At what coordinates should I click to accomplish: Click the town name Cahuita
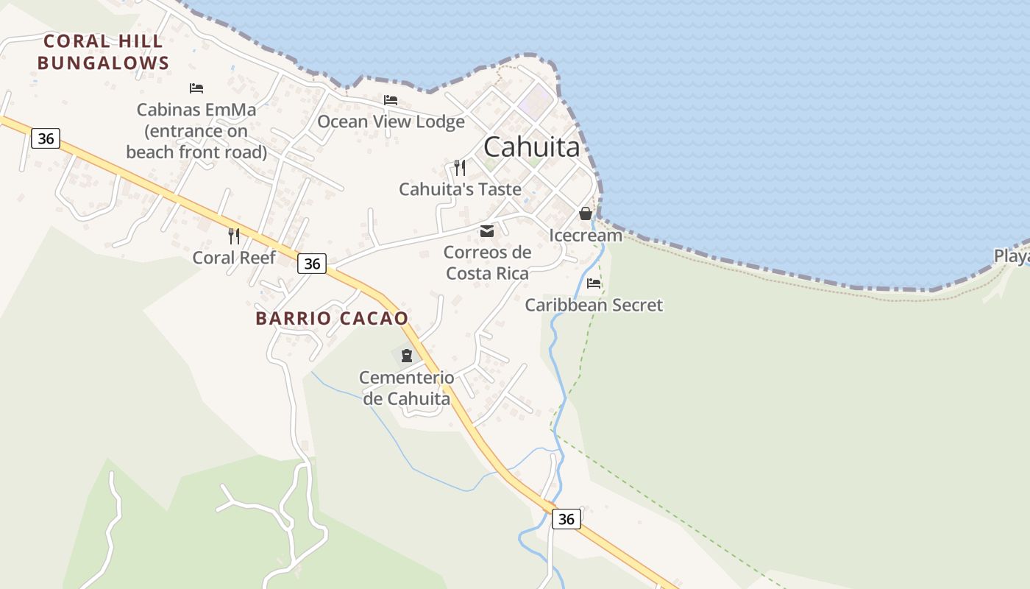coord(531,147)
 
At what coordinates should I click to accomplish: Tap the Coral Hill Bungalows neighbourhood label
coord(103,52)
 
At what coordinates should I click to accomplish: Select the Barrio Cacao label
coord(332,319)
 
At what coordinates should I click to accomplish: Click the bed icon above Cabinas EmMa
coord(196,88)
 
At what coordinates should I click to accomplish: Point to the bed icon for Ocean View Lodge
coord(391,100)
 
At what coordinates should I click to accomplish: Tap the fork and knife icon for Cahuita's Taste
coord(460,168)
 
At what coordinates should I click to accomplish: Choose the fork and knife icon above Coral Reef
coord(234,236)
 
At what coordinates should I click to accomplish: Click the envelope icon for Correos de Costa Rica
coord(487,232)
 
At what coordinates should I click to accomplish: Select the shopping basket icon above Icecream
coord(586,214)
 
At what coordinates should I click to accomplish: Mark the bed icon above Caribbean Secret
coord(594,283)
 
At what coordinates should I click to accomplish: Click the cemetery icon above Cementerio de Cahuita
coord(407,356)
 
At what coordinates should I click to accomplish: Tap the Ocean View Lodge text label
coord(391,121)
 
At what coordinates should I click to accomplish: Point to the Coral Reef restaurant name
coord(234,258)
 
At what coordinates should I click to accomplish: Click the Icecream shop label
coord(586,236)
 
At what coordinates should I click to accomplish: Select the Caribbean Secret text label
coord(594,305)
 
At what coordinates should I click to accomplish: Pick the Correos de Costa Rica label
coord(487,263)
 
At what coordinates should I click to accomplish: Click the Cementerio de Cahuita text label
coord(406,388)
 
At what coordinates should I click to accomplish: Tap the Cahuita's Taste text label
coord(460,189)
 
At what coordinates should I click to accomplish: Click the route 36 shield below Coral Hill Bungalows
coord(46,138)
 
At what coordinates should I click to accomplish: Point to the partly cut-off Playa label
coord(1012,256)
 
